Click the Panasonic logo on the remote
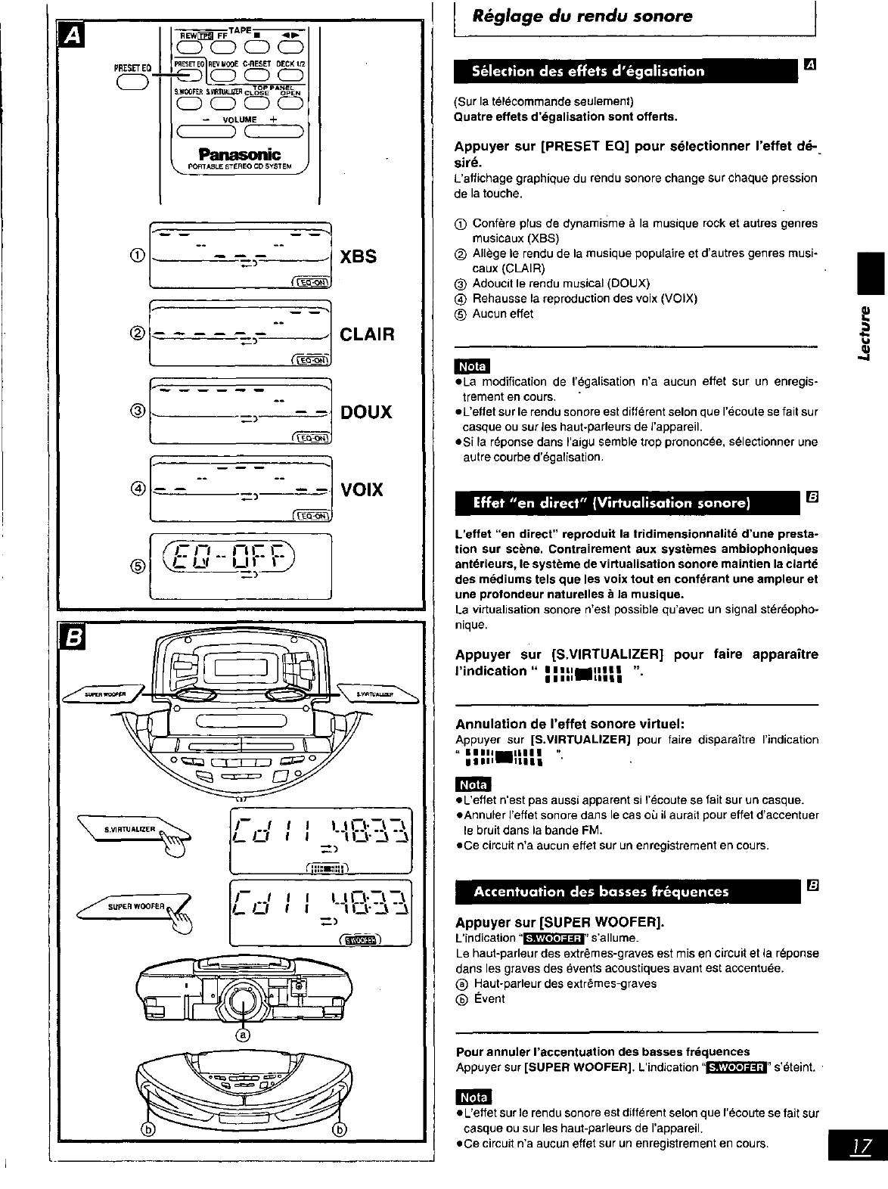238,154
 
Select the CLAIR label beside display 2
368,334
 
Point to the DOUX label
367,412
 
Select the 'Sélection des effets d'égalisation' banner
588,71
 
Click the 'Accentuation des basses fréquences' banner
601,891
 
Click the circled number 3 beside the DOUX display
138,411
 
